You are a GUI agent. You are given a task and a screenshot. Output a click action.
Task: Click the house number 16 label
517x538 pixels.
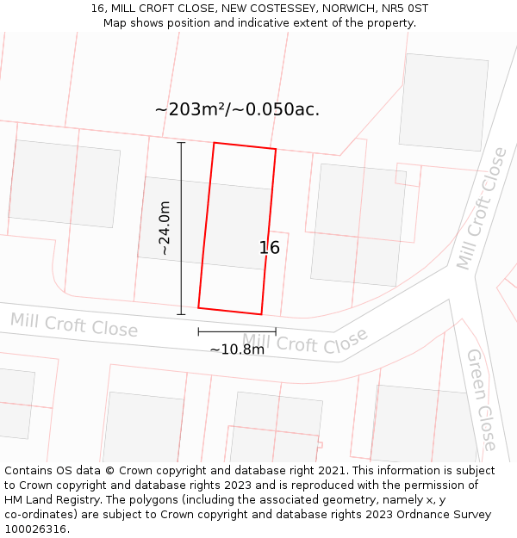(270, 248)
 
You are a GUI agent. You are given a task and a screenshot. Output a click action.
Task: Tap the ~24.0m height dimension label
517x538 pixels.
(164, 228)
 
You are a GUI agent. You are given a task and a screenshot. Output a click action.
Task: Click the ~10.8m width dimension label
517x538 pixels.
(237, 349)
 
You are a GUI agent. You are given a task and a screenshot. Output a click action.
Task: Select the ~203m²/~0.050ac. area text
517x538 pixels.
(237, 109)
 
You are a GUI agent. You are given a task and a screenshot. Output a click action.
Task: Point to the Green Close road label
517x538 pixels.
(482, 399)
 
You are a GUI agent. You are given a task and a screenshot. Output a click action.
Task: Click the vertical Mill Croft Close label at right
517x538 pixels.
(482, 208)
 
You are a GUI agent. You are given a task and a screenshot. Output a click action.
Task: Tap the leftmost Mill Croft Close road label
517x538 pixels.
(73, 325)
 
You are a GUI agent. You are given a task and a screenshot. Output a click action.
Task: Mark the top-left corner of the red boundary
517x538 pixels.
(214, 143)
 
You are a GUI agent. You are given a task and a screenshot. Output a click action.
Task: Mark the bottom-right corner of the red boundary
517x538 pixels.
(261, 314)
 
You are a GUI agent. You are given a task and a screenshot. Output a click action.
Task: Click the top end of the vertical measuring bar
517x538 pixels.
(181, 143)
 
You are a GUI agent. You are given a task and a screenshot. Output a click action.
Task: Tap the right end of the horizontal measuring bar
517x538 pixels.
(276, 331)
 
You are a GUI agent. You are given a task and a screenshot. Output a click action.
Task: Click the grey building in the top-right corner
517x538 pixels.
(444, 102)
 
